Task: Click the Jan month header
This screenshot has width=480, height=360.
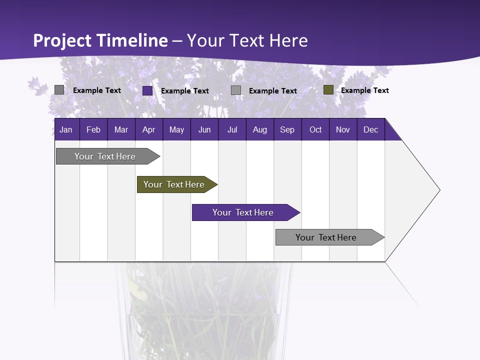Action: coord(66,129)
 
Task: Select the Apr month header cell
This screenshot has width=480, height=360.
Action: coord(149,129)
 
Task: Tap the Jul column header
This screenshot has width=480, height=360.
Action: coord(232,129)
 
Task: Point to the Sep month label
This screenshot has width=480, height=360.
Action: coord(287,129)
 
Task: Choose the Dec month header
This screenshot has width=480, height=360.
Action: coord(370,129)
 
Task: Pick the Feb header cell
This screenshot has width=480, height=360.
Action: coord(93,129)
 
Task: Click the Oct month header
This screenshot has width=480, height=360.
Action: coord(315,129)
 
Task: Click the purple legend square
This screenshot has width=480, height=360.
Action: coord(147,90)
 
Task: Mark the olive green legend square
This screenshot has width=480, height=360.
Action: coord(328,90)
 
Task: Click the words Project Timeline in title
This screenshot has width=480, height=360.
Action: coord(100,40)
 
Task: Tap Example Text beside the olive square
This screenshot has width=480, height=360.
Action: coord(364,90)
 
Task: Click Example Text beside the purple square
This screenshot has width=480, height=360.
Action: coord(184,91)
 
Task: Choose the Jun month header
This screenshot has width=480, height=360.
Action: coord(204,129)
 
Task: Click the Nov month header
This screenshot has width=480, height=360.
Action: coord(343,129)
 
